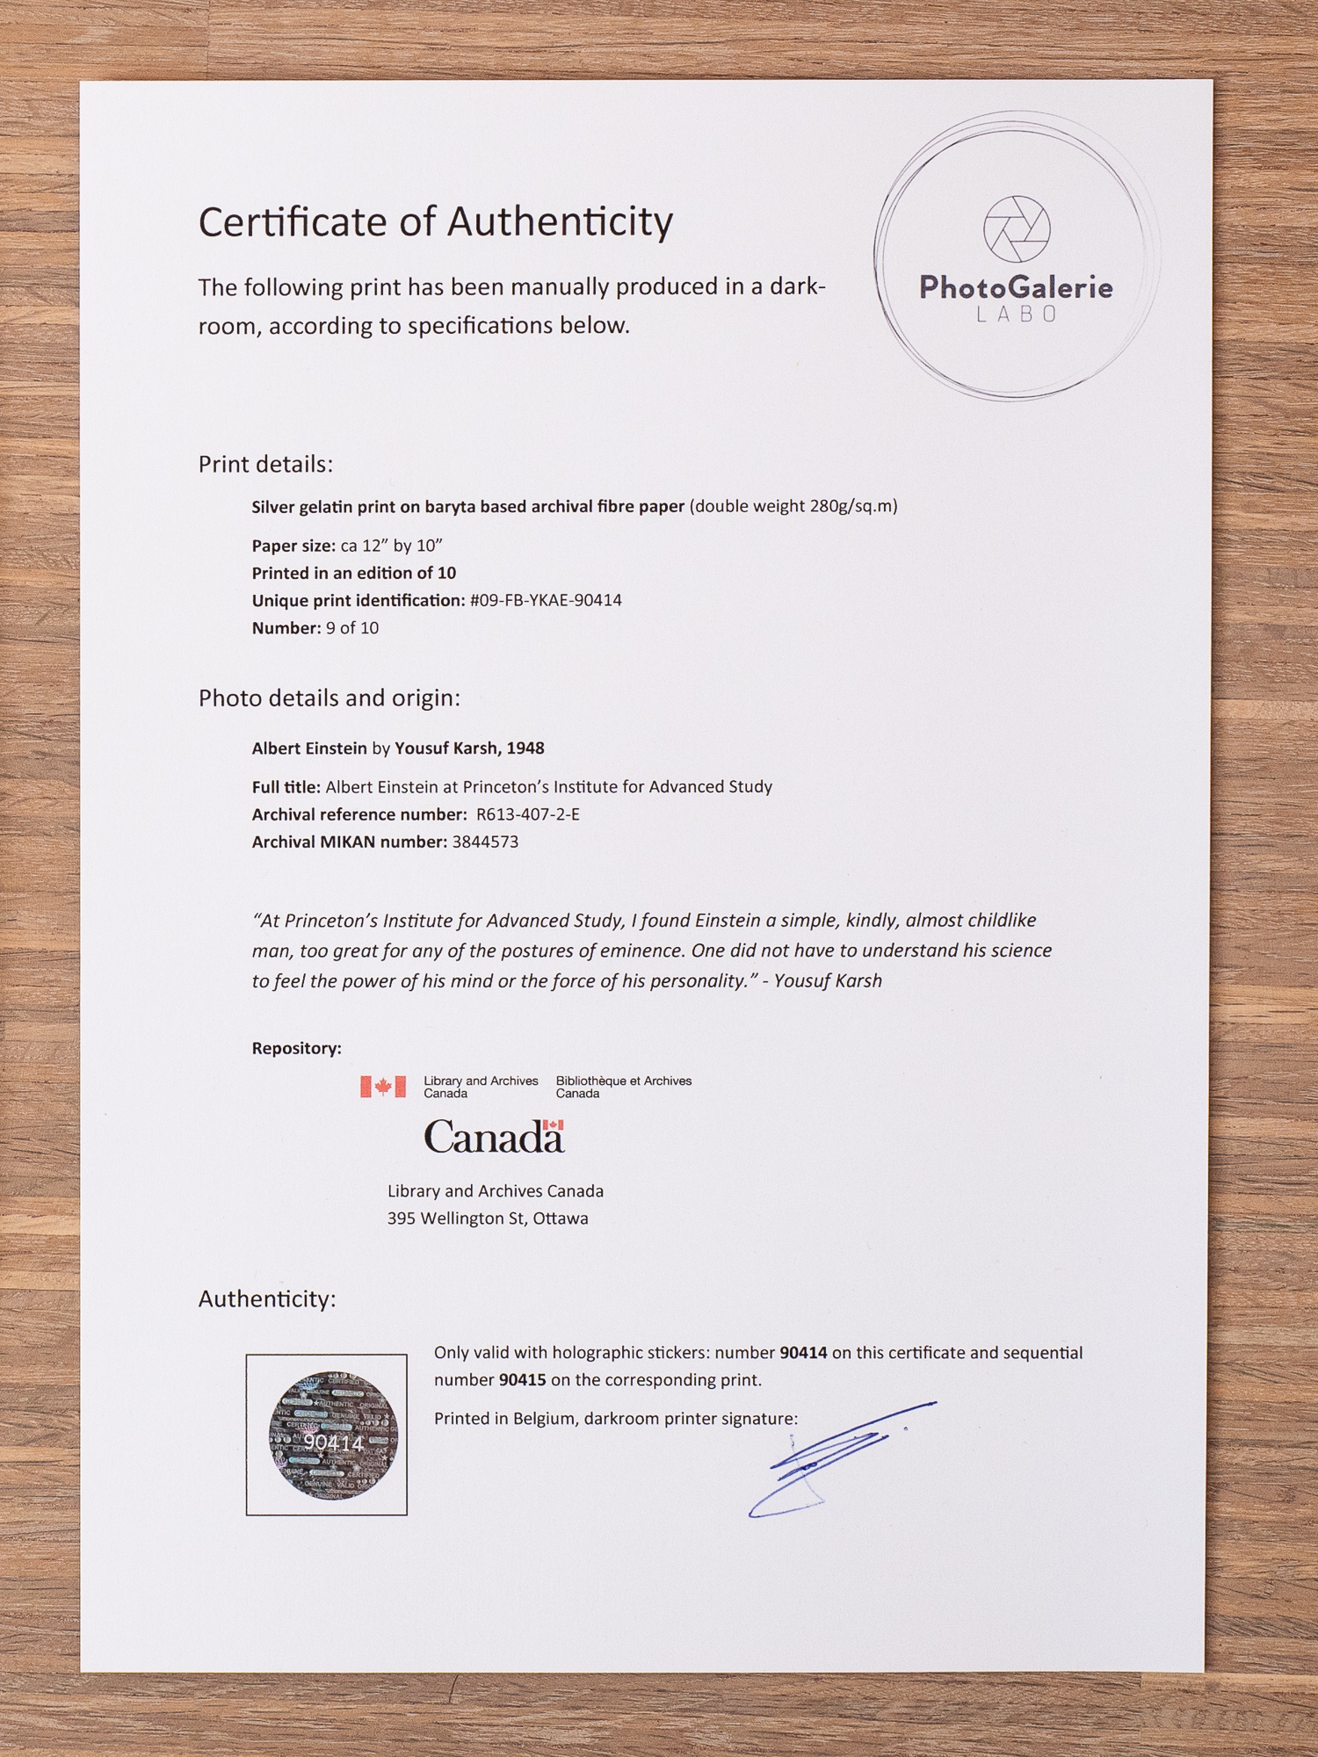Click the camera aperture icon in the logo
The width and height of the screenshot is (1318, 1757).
point(1017,228)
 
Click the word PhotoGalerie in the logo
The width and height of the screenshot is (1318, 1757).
point(1016,287)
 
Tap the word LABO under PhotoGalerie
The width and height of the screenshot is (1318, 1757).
point(1017,315)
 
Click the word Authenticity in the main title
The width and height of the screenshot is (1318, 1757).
point(560,222)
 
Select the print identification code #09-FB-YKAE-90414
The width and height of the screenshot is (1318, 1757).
point(546,601)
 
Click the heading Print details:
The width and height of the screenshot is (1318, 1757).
point(265,465)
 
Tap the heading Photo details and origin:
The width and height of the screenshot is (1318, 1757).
point(329,698)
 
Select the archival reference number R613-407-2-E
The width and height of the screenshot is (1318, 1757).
point(527,814)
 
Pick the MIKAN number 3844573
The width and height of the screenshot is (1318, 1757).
point(485,842)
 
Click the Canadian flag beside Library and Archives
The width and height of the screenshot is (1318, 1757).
point(383,1087)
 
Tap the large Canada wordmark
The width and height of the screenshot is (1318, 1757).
point(494,1138)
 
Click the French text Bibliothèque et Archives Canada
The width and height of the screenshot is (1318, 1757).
point(623,1087)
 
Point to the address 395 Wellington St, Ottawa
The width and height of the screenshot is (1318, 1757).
point(488,1218)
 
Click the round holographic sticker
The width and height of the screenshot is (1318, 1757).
point(333,1435)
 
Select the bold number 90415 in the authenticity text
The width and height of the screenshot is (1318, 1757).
point(522,1380)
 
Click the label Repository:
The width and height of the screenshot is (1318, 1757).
point(296,1048)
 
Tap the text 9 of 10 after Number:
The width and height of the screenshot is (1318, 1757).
point(352,628)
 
